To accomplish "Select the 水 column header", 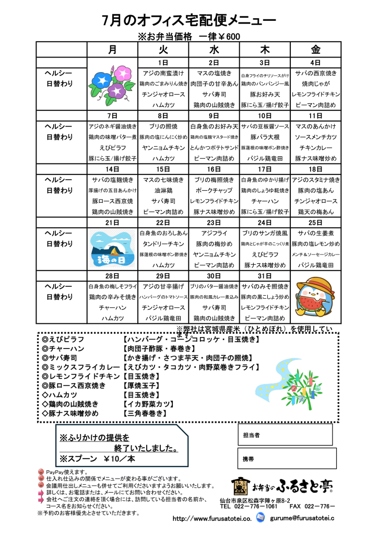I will pos(214,50).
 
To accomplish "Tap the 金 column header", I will pos(316,50).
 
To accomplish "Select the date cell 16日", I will pos(214,169).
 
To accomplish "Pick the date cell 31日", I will pos(265,276).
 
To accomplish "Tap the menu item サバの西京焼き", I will pos(316,73).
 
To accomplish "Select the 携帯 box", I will pos(285,458).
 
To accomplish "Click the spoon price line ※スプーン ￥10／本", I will pos(97,459).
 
